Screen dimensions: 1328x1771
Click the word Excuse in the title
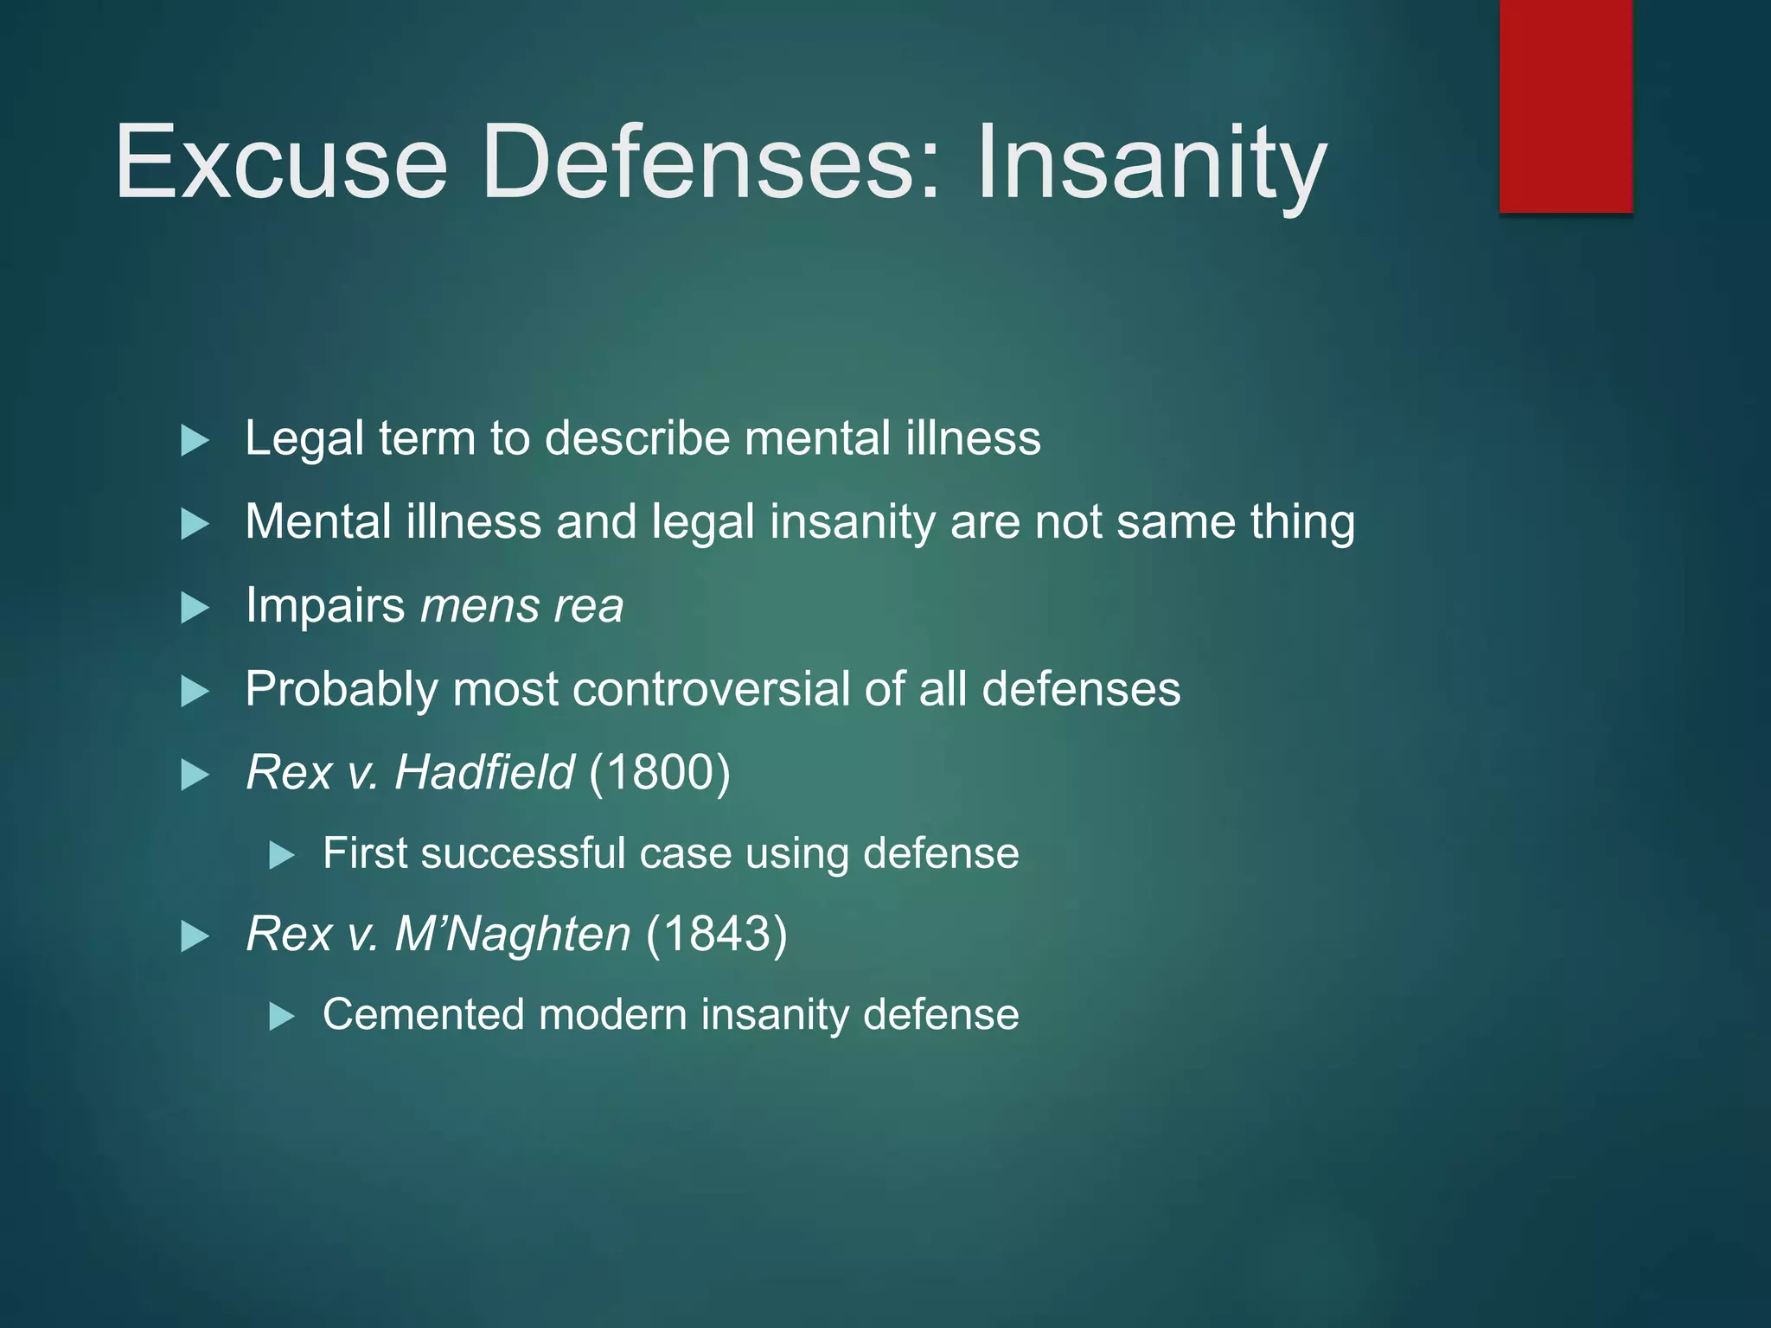281,162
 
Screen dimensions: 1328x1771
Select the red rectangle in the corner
1565,105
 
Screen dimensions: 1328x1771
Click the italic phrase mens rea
521,605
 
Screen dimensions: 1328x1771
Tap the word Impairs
325,605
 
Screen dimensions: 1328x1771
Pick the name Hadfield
484,771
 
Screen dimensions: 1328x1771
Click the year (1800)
660,771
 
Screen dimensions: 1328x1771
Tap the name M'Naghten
513,934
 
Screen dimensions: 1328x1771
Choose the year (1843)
717,934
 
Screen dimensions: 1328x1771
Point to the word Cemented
423,1014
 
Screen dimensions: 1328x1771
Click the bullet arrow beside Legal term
195,441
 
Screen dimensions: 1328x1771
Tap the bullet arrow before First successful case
282,856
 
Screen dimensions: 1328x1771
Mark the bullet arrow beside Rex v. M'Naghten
195,936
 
